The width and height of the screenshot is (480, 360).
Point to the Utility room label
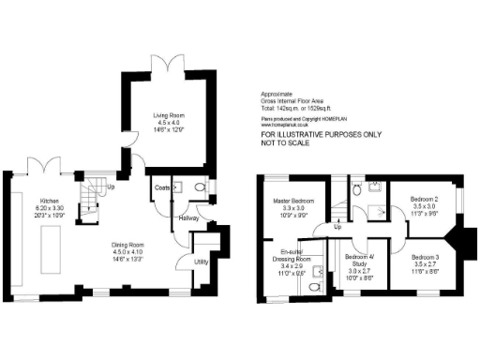[x=202, y=262]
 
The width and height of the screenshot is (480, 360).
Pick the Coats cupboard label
[x=161, y=187]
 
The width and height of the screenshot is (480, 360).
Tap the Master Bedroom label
[x=294, y=201]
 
